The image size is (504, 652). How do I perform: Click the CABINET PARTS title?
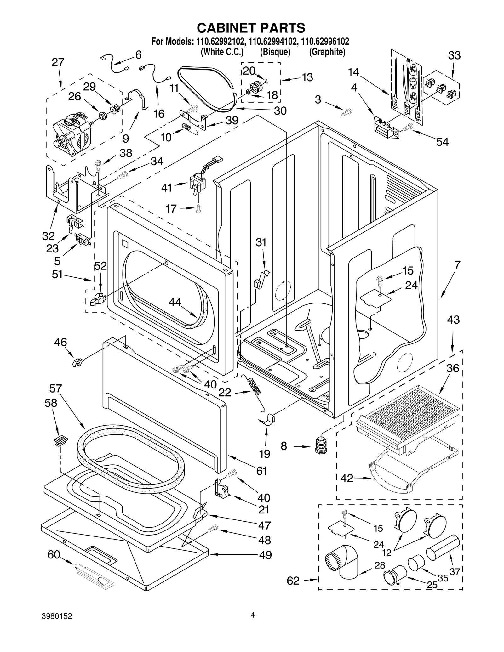251,28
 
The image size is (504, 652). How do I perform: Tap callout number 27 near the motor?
58,62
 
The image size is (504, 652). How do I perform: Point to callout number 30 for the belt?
280,111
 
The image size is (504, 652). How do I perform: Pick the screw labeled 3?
347,111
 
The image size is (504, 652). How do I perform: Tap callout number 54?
442,142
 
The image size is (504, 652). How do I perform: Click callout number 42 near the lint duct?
347,479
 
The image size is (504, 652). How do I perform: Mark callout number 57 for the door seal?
55,388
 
